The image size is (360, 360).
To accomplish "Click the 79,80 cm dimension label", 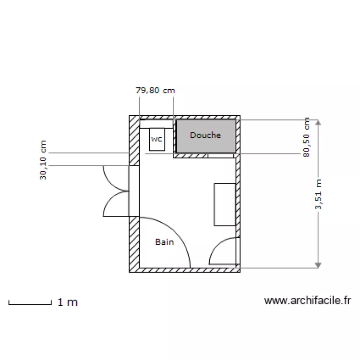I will [x=156, y=90].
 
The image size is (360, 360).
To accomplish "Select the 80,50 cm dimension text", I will [x=307, y=138].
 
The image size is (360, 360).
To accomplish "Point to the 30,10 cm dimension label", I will [x=43, y=160].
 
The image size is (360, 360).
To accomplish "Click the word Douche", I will [x=205, y=135].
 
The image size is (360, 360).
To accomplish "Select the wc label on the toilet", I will [x=157, y=139].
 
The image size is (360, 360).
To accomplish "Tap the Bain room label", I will [x=164, y=242].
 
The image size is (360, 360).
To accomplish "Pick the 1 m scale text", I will [x=68, y=302].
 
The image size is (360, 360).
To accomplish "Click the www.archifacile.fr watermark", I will [x=308, y=301].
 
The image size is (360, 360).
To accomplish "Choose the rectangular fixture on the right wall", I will [x=224, y=204].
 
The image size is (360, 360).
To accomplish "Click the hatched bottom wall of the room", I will [x=185, y=270].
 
